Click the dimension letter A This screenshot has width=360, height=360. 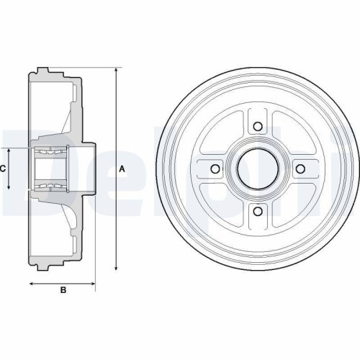(x=122, y=169)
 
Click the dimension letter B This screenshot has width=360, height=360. (x=63, y=290)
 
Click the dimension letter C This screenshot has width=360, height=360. (x=3, y=169)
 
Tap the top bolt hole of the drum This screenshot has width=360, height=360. (x=258, y=126)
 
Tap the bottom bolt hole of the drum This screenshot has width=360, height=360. (x=258, y=212)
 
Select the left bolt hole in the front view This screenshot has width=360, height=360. (x=215, y=168)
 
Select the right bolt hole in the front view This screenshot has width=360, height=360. (x=300, y=168)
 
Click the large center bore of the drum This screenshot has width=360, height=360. (x=258, y=168)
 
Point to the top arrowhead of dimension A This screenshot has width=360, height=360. (x=116, y=70)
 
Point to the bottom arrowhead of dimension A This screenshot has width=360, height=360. (x=116, y=268)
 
